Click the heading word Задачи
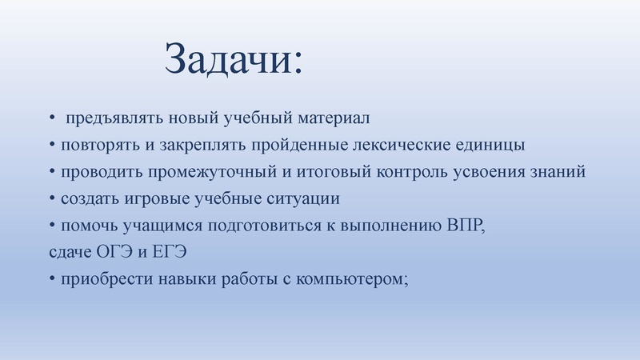(x=232, y=58)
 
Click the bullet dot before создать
(x=51, y=198)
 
